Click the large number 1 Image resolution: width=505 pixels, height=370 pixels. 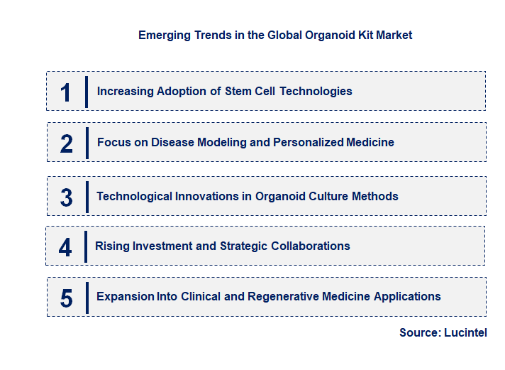66,92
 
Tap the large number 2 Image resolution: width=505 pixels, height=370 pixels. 66,143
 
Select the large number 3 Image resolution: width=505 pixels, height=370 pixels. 66,197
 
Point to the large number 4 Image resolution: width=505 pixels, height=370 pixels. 65,247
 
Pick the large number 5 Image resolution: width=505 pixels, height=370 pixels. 66,298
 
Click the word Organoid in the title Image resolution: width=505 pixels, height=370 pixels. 321,35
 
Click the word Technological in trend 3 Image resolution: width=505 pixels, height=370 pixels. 135,196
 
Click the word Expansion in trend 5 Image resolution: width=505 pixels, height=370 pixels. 126,296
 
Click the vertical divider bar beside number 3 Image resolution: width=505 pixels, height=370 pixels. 87,197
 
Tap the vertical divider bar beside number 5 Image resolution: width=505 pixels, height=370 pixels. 87,297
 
